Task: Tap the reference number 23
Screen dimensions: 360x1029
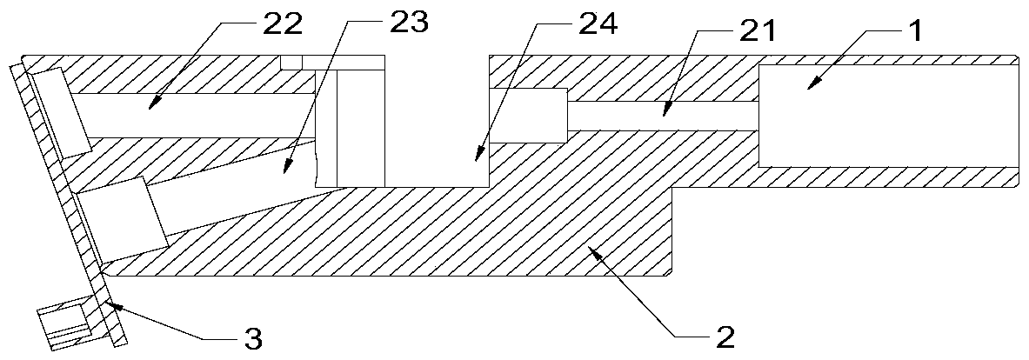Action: pyautogui.click(x=407, y=23)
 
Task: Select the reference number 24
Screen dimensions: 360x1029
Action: pyautogui.click(x=596, y=24)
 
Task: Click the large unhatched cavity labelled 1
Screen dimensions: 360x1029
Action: pyautogui.click(x=887, y=114)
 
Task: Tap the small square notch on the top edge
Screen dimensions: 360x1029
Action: pyautogui.click(x=291, y=62)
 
